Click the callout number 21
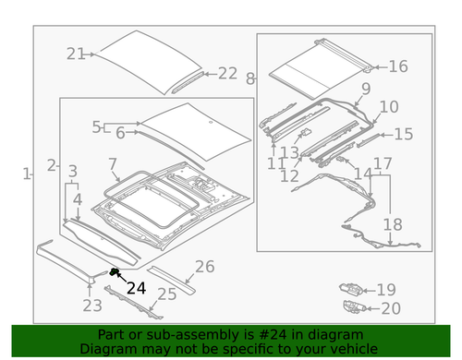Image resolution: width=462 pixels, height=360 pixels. point(76,54)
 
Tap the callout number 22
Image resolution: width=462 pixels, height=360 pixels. point(227,73)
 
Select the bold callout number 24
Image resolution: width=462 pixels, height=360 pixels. point(136,288)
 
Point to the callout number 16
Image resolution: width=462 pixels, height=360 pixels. point(397,66)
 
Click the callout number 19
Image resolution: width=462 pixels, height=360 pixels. point(386,289)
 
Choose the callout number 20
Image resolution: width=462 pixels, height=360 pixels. point(391,308)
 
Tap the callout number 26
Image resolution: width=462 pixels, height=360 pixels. point(204,267)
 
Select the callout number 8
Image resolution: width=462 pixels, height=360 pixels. point(250,79)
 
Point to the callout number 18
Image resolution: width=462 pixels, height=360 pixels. point(392,224)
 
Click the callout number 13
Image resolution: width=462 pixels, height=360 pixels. point(289,152)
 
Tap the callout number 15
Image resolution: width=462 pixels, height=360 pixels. point(403,135)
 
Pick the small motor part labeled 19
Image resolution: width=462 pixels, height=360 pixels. point(350,289)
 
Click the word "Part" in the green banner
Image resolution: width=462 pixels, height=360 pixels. point(112,335)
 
